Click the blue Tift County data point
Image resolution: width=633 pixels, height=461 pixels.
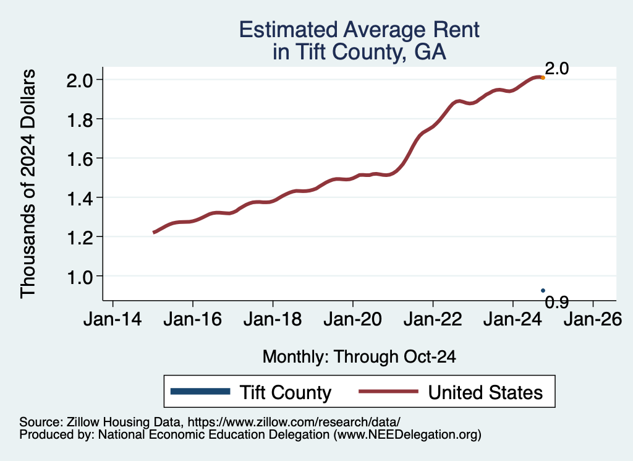pos(543,290)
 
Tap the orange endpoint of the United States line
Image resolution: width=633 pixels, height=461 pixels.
pos(543,77)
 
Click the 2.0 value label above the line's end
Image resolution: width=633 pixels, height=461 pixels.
pos(556,68)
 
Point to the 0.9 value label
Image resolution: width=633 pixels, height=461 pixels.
pos(556,302)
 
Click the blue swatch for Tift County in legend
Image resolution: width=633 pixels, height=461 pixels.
pos(200,392)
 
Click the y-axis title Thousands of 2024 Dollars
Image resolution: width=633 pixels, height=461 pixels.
pos(28,184)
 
